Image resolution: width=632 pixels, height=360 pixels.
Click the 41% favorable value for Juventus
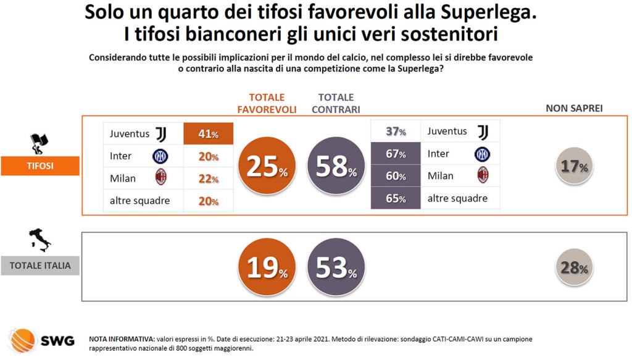tap(209, 133)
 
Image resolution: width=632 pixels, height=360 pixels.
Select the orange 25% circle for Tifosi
tap(267, 166)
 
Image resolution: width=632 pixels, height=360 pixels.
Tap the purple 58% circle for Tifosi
tap(336, 166)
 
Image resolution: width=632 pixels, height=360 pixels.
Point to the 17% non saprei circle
tap(574, 165)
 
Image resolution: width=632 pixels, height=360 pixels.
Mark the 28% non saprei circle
tap(574, 267)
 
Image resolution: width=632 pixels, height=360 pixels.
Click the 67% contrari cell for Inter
tap(395, 154)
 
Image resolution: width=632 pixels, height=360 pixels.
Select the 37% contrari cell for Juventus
tap(395, 132)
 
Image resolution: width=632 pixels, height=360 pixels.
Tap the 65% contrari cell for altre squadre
tap(395, 198)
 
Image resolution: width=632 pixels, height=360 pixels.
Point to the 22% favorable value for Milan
tap(209, 178)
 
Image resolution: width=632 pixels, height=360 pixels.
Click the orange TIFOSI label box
tap(40, 166)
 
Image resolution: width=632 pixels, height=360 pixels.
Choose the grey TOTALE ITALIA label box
tap(40, 266)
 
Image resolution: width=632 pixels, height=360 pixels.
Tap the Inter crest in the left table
tap(160, 156)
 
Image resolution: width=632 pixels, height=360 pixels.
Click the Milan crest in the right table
tap(482, 175)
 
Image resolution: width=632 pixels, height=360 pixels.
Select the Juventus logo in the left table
tap(161, 133)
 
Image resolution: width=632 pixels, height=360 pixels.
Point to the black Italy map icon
tap(40, 240)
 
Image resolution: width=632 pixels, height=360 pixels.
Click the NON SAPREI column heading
tap(574, 108)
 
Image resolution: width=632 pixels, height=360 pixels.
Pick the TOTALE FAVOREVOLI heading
tap(267, 103)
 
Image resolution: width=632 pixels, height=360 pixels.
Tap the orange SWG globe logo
tap(23, 340)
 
